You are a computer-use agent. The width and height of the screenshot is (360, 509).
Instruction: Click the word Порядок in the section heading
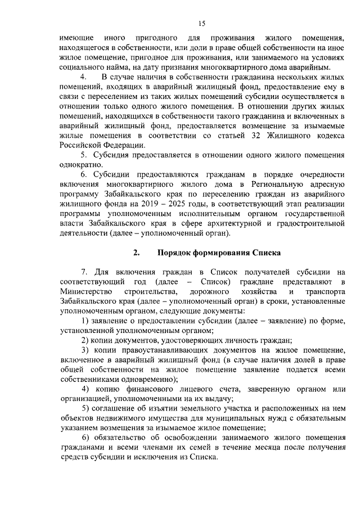(177, 252)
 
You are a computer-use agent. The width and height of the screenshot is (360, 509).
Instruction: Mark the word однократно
(80, 164)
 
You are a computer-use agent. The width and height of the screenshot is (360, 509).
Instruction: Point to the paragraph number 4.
(84, 75)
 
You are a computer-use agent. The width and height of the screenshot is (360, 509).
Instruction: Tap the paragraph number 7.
(84, 272)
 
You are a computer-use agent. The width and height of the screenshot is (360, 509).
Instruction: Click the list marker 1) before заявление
(84, 321)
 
